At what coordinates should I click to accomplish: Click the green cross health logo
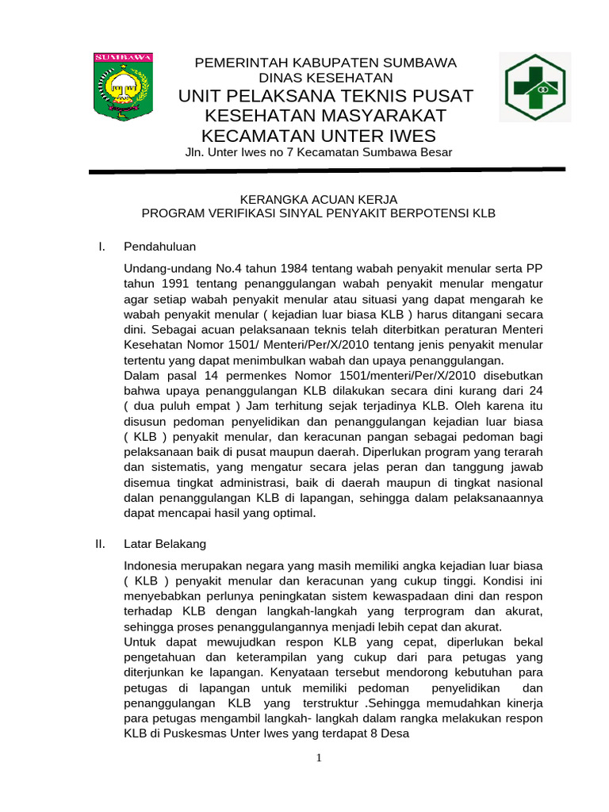click(x=533, y=87)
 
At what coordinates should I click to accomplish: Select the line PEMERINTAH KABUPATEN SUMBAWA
click(x=326, y=63)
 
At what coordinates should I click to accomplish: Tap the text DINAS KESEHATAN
click(x=326, y=78)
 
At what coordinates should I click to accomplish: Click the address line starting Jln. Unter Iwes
click(x=318, y=152)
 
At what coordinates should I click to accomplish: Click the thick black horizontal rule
click(x=326, y=170)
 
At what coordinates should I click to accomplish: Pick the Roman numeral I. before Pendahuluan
click(x=101, y=247)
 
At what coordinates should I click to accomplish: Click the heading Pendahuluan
click(x=159, y=247)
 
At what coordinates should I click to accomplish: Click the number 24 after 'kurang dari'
click(x=535, y=391)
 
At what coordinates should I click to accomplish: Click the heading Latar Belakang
click(x=165, y=544)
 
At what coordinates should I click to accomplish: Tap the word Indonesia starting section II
click(x=152, y=565)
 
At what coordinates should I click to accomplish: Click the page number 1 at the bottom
click(x=319, y=758)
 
